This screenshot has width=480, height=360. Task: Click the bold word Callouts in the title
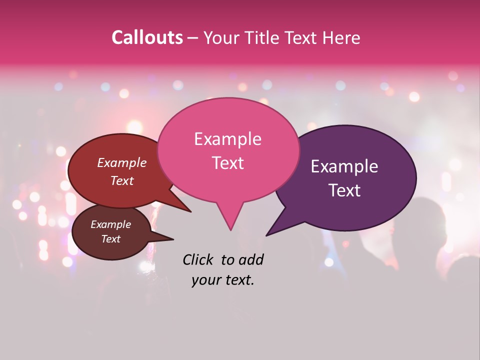click(x=147, y=37)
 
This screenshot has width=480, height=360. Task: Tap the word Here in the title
click(x=341, y=37)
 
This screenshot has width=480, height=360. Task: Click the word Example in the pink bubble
click(x=227, y=139)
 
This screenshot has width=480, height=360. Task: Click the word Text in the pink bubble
click(x=227, y=163)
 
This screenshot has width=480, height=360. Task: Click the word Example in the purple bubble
click(x=344, y=166)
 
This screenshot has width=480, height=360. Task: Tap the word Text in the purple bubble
click(x=344, y=190)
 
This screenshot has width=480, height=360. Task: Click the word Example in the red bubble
click(x=122, y=162)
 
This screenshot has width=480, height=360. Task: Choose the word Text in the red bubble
click(x=122, y=180)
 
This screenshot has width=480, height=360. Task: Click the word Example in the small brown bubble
click(x=111, y=224)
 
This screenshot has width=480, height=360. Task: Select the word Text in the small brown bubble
click(x=111, y=239)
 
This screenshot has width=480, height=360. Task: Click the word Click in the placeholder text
click(x=197, y=259)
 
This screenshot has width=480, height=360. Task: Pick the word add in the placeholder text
click(x=250, y=259)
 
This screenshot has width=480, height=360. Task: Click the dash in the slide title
click(x=194, y=38)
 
